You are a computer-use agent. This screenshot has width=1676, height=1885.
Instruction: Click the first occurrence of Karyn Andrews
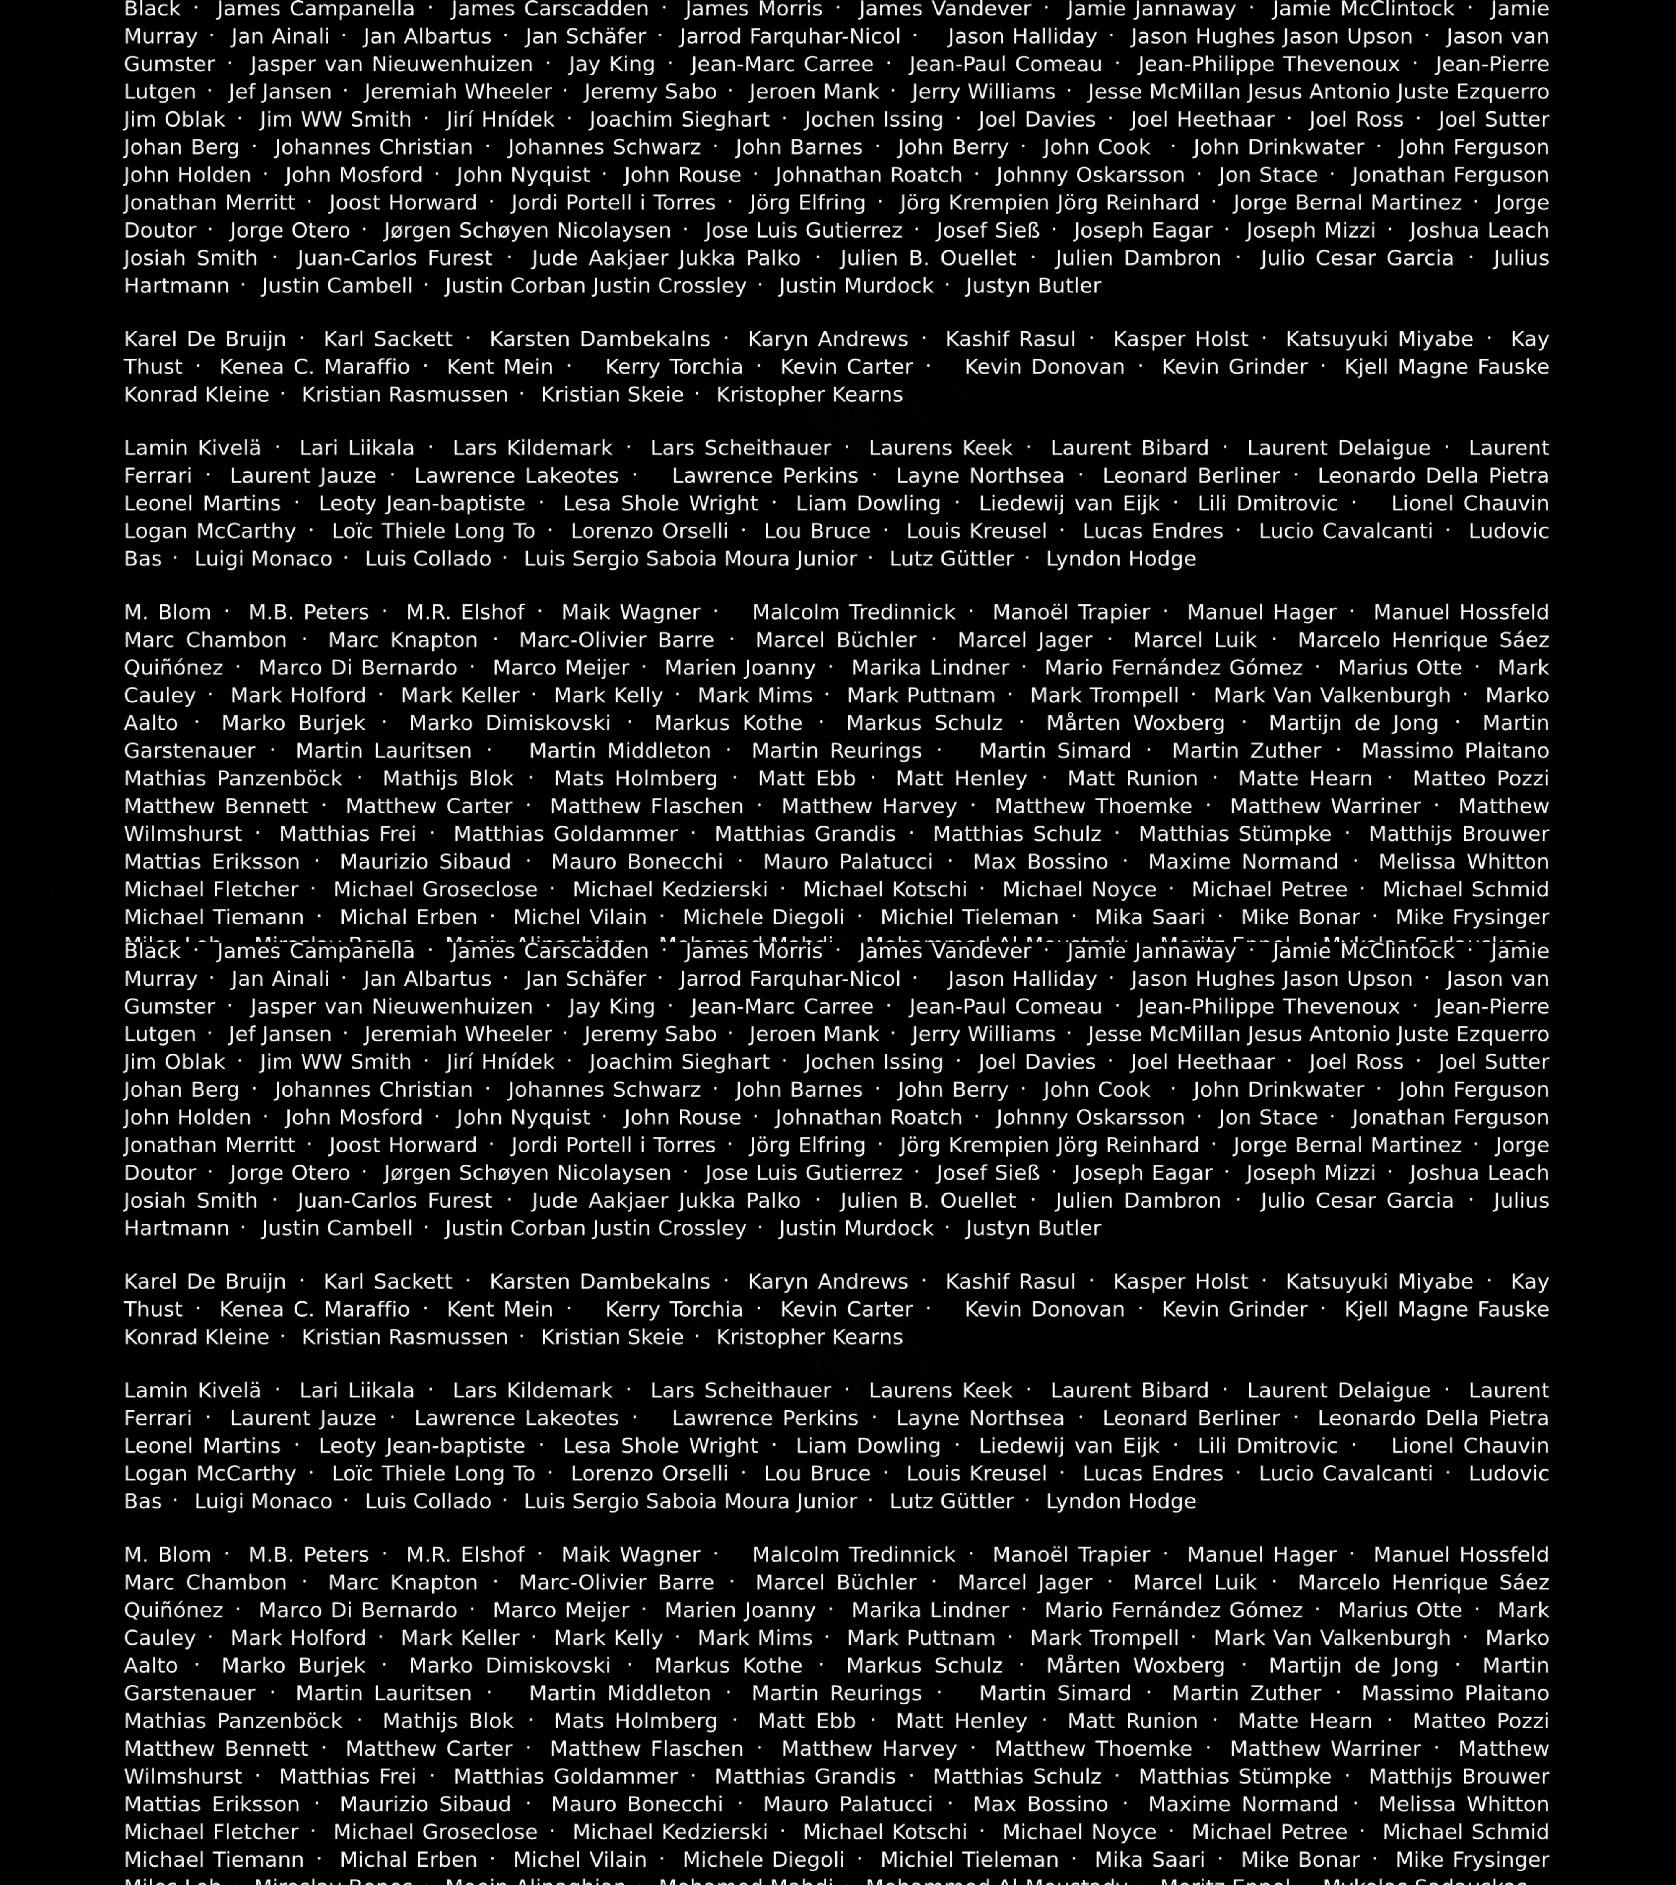coord(828,339)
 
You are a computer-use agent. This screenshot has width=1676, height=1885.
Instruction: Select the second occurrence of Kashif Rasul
coord(1010,1282)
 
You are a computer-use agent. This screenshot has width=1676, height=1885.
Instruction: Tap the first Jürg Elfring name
coord(807,203)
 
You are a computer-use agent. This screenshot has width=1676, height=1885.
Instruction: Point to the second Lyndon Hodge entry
coord(1121,1501)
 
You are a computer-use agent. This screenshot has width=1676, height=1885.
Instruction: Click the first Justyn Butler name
coord(1033,286)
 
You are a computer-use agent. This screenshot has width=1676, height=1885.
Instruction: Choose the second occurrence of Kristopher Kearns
coord(809,1337)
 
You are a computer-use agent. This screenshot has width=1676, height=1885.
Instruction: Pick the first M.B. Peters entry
coord(308,612)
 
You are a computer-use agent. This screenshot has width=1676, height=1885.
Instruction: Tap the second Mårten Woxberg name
coord(1135,1666)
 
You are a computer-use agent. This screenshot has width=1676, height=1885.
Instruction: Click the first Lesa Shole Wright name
coord(660,504)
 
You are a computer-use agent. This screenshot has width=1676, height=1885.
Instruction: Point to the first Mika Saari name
coord(1149,918)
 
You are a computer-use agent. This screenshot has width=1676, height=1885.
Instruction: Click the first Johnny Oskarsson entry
coord(1090,175)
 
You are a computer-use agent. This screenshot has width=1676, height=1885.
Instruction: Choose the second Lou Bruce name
coord(817,1474)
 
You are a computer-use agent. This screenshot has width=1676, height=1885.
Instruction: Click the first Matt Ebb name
coord(806,778)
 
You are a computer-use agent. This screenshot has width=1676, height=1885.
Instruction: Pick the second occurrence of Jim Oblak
coord(174,1062)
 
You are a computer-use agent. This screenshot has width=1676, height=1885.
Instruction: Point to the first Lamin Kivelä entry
coord(193,448)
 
